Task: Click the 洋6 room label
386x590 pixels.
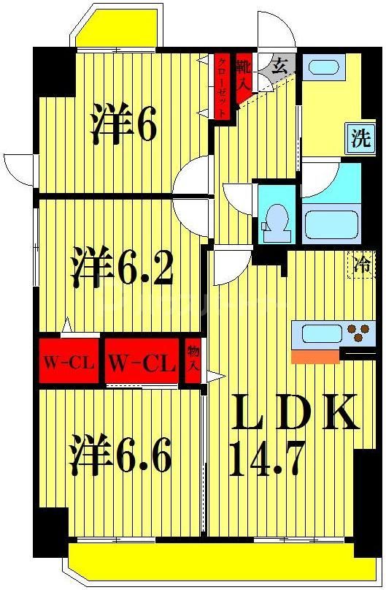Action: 123,125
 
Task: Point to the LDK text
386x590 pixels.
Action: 295,414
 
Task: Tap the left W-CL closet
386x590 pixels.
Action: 68,361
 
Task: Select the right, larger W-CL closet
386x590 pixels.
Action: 141,361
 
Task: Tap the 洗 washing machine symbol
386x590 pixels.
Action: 360,139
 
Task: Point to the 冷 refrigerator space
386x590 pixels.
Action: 360,262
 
